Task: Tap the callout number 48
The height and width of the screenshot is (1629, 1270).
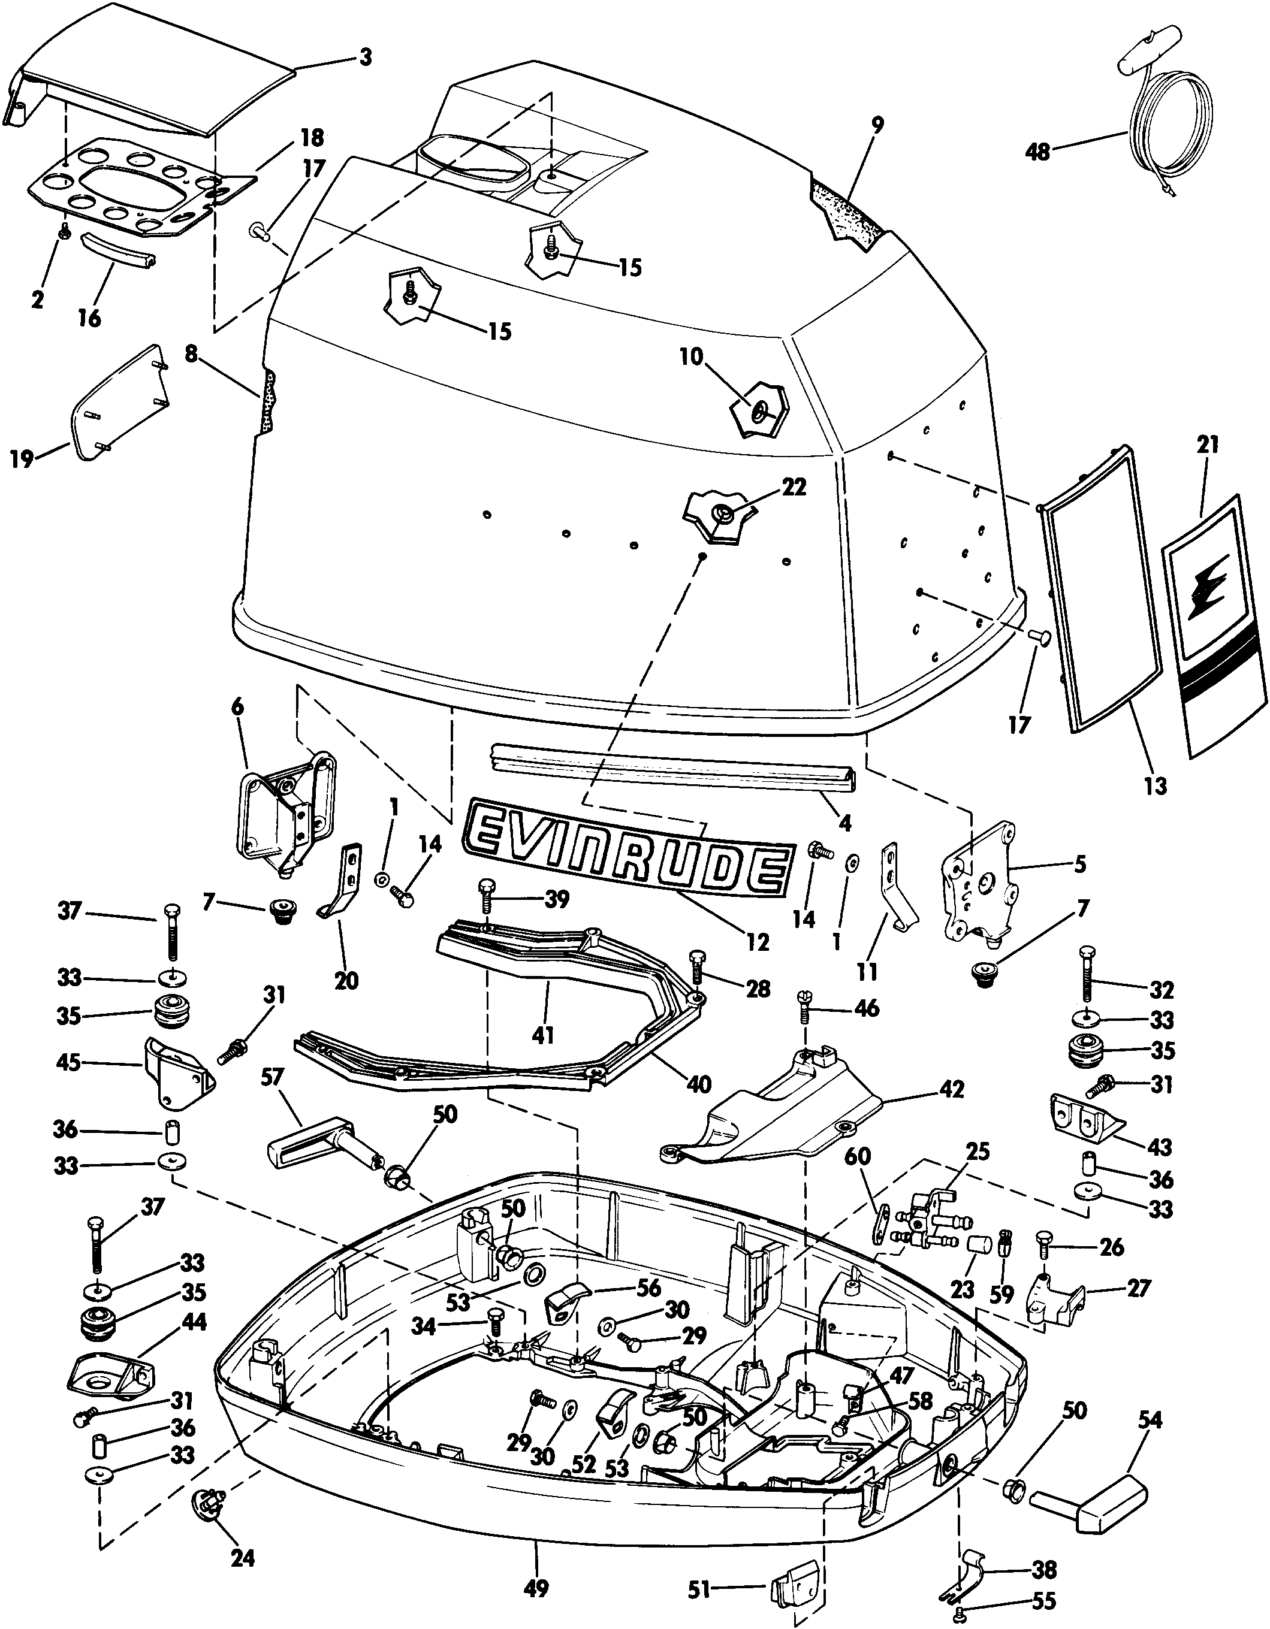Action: (x=1038, y=152)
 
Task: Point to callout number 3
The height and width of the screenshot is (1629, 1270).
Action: (x=366, y=58)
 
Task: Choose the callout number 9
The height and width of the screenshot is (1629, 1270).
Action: (x=877, y=125)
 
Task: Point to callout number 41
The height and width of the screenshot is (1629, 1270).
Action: (x=542, y=1035)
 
